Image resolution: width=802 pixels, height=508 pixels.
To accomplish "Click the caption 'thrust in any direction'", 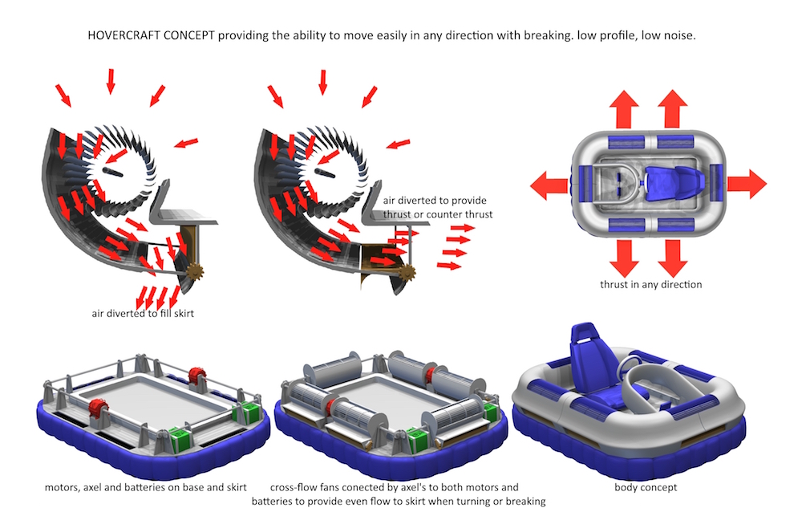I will coord(650,284).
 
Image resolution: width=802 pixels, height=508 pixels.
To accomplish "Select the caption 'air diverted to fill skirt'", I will coord(142,314).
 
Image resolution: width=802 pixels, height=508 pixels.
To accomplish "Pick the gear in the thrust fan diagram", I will coord(406,272).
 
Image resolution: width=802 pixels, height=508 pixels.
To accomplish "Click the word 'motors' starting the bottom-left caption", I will coord(65,487).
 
